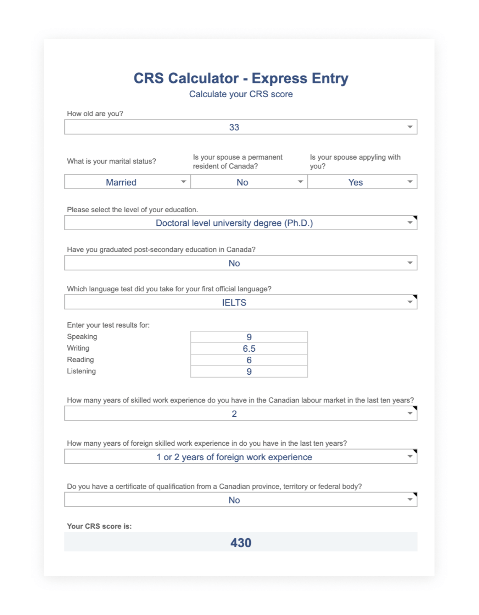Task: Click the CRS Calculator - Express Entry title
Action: click(x=241, y=78)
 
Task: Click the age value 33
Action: click(x=234, y=127)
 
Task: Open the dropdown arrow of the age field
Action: click(x=410, y=127)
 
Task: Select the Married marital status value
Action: click(x=121, y=182)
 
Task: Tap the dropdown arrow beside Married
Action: click(x=183, y=182)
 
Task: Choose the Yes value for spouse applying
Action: click(x=355, y=182)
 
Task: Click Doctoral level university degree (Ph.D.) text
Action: click(x=234, y=223)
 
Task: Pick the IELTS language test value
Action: click(x=234, y=303)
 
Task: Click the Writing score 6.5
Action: click(x=249, y=348)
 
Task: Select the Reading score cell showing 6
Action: click(x=249, y=360)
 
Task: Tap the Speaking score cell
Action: click(x=249, y=337)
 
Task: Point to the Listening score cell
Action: click(x=249, y=372)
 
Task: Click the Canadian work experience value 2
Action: click(x=234, y=414)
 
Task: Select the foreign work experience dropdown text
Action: click(x=234, y=457)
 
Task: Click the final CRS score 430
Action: click(x=241, y=543)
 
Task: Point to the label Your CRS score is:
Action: click(x=99, y=526)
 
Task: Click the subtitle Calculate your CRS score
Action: click(x=241, y=94)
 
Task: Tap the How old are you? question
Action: click(x=95, y=114)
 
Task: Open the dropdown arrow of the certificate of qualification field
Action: click(x=410, y=500)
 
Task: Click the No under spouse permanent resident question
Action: click(x=242, y=182)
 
